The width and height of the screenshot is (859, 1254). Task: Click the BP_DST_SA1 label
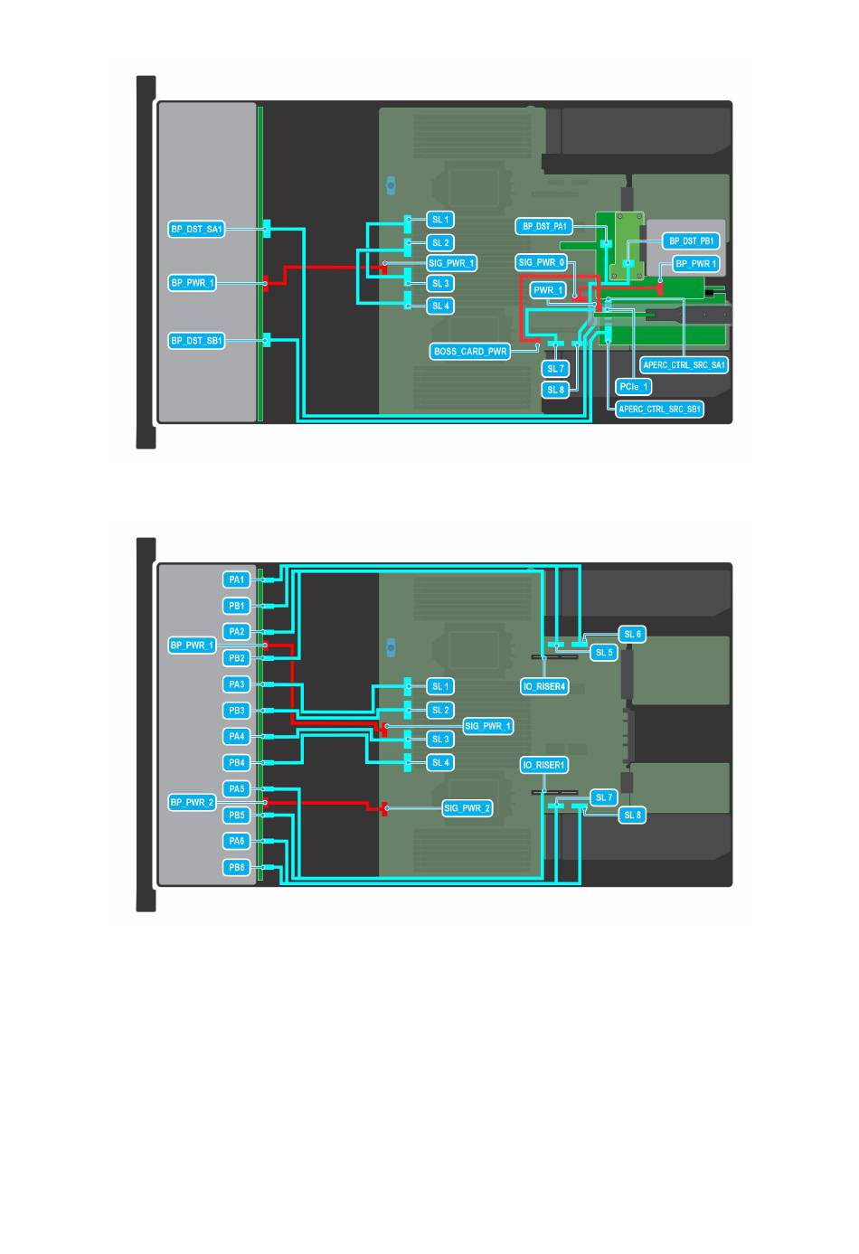pyautogui.click(x=196, y=229)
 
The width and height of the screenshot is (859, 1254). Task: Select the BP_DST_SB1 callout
pyautogui.click(x=196, y=340)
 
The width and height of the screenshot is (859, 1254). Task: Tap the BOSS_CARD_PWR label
pyautogui.click(x=470, y=352)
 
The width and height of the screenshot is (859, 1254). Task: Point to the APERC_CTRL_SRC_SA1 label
pyautogui.click(x=684, y=365)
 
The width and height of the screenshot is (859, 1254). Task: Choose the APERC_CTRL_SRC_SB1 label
pyautogui.click(x=659, y=410)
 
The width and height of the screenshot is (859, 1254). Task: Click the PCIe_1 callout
pyautogui.click(x=633, y=387)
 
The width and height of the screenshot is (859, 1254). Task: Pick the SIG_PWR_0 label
pyautogui.click(x=542, y=262)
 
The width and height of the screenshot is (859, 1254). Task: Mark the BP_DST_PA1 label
pyautogui.click(x=544, y=226)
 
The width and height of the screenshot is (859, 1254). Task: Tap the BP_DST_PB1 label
pyautogui.click(x=691, y=240)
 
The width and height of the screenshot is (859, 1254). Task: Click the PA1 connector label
pyautogui.click(x=236, y=580)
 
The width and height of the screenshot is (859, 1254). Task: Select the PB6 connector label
pyautogui.click(x=236, y=867)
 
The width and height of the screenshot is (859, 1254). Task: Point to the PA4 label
pyautogui.click(x=236, y=736)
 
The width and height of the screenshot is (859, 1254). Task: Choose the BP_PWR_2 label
pyautogui.click(x=192, y=802)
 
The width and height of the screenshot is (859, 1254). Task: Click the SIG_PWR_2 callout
pyautogui.click(x=467, y=808)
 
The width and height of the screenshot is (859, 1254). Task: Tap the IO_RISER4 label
pyautogui.click(x=544, y=686)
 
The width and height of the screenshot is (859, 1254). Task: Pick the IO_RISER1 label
pyautogui.click(x=544, y=765)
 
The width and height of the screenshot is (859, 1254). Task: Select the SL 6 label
pyautogui.click(x=632, y=634)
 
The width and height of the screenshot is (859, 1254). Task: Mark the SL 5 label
pyautogui.click(x=604, y=652)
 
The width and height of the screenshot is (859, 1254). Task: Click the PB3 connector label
pyautogui.click(x=236, y=711)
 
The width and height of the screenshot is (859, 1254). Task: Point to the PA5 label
pyautogui.click(x=236, y=788)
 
